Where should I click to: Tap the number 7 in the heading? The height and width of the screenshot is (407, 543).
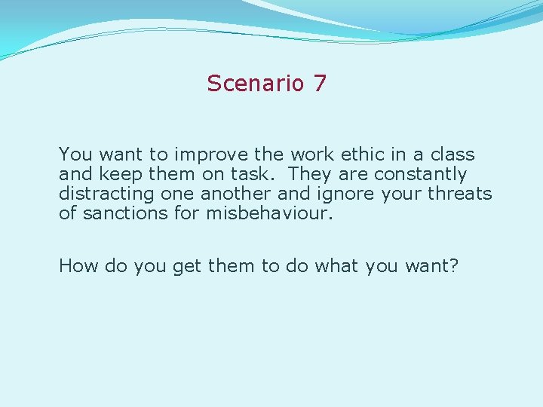320,83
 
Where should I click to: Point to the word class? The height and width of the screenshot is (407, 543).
452,155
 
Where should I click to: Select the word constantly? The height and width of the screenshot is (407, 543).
419,174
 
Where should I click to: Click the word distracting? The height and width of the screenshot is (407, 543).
109,194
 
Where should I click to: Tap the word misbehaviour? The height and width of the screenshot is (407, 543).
267,213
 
